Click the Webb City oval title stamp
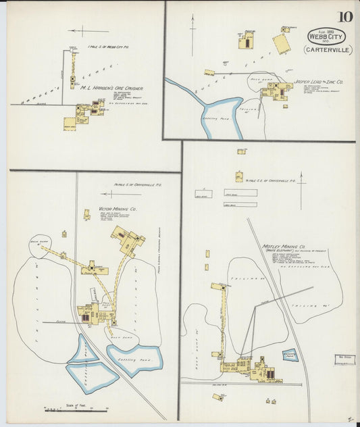(326, 36)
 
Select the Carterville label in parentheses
(326, 50)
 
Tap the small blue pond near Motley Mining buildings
(290, 354)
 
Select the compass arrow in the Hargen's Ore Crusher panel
(88, 30)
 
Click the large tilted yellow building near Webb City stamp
(282, 44)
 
